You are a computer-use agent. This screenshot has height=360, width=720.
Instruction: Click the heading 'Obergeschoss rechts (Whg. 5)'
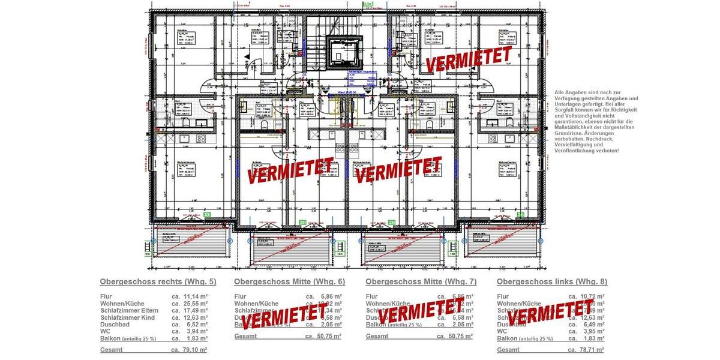[x=158, y=281]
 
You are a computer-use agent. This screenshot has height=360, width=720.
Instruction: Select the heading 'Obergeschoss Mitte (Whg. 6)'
[x=289, y=281]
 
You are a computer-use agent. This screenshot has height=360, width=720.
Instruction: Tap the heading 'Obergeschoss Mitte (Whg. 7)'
[x=421, y=281]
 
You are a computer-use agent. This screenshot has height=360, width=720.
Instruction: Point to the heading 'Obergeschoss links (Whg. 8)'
[x=551, y=281]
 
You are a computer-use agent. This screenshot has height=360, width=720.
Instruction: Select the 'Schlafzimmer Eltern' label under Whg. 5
[x=127, y=311]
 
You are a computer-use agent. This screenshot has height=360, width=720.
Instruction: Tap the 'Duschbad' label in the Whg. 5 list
[x=113, y=325]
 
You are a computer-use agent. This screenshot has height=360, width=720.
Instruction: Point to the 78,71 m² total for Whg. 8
[x=590, y=350]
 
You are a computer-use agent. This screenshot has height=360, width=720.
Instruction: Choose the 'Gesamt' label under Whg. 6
[x=245, y=336]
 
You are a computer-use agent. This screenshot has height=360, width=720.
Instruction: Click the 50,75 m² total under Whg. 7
[x=459, y=336]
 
